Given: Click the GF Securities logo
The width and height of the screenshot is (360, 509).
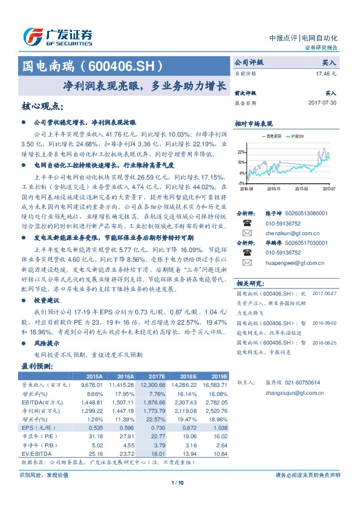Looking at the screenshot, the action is pyautogui.click(x=57, y=37).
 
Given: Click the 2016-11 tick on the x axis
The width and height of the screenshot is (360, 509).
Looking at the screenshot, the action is pyautogui.click(x=273, y=189).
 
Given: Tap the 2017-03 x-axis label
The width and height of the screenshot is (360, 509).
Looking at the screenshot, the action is pyautogui.click(x=300, y=189).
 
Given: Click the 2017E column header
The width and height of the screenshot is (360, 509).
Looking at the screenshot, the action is pyautogui.click(x=155, y=376).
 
